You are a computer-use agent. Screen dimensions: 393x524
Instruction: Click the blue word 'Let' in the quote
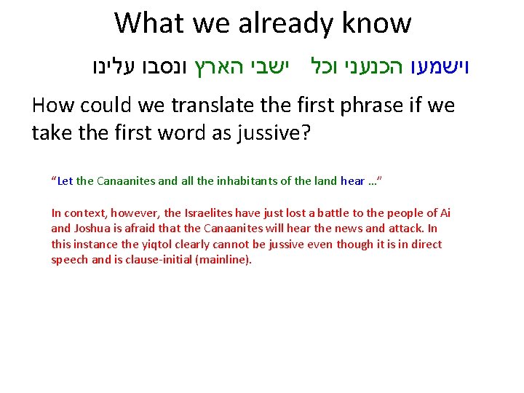coord(65,181)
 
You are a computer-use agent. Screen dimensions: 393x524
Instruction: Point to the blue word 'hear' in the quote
coord(353,181)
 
